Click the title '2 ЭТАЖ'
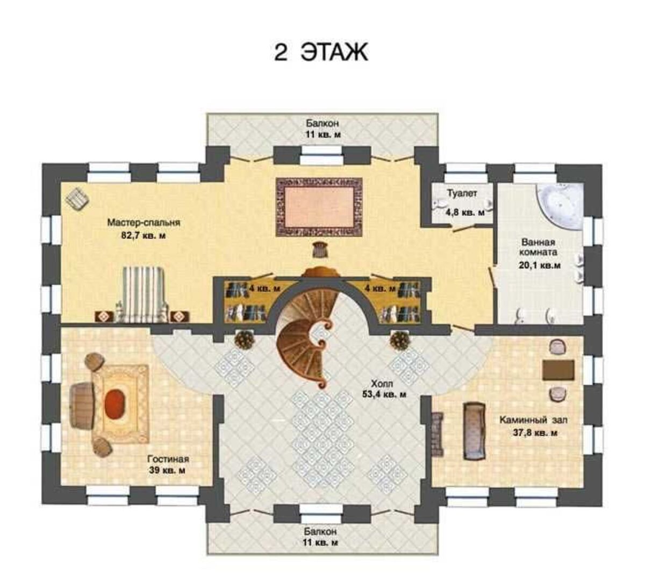coord(320,53)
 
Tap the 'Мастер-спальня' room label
coord(144,223)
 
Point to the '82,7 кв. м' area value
coord(144,236)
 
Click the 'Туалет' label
coord(462,193)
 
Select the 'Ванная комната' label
coord(538,247)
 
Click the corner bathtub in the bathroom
coord(560,206)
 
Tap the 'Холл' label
coord(382,384)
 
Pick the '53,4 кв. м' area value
coord(384,394)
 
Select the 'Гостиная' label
coord(168,459)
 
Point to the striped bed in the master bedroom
coord(144,294)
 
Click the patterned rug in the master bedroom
coord(319,207)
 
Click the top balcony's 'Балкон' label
coord(322,123)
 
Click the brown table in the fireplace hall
coord(558,370)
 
